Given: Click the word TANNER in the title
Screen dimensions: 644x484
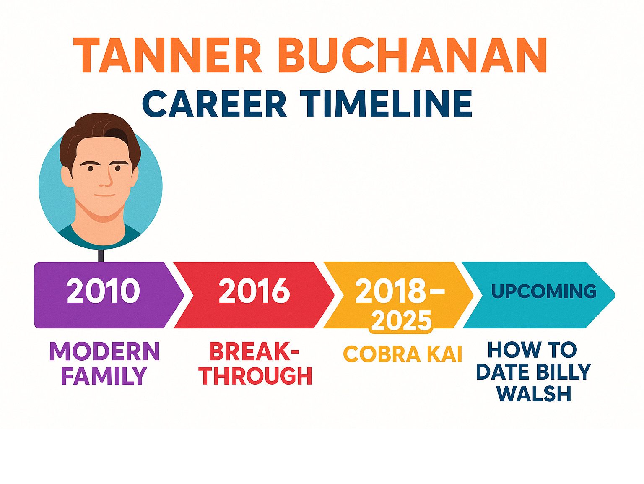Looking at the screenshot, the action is click(167, 55).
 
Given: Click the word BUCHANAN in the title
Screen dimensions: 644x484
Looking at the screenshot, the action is click(412, 55).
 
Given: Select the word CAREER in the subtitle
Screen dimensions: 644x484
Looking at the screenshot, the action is click(215, 104).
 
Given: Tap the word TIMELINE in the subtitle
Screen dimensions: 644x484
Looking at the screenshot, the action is click(386, 104).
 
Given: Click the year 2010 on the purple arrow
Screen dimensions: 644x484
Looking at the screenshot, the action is click(103, 291).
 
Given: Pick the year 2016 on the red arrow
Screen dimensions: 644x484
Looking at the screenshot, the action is click(254, 291).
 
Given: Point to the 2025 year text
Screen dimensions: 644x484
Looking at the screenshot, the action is click(401, 321).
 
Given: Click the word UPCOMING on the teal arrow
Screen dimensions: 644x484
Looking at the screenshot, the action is click(544, 291).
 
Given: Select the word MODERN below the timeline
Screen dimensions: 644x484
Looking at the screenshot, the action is click(104, 351).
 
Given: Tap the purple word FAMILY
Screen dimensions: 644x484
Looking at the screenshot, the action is click(104, 375).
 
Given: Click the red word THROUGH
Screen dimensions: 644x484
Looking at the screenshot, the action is click(255, 376).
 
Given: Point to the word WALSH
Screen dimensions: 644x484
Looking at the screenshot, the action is click(534, 394).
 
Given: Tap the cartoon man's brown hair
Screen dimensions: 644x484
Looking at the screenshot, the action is click(100, 132).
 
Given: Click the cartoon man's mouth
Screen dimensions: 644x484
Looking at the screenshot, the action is click(104, 195).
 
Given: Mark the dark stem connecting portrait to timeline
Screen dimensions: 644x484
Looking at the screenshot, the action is click(101, 255).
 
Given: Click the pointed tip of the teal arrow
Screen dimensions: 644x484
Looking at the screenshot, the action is click(615, 295).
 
